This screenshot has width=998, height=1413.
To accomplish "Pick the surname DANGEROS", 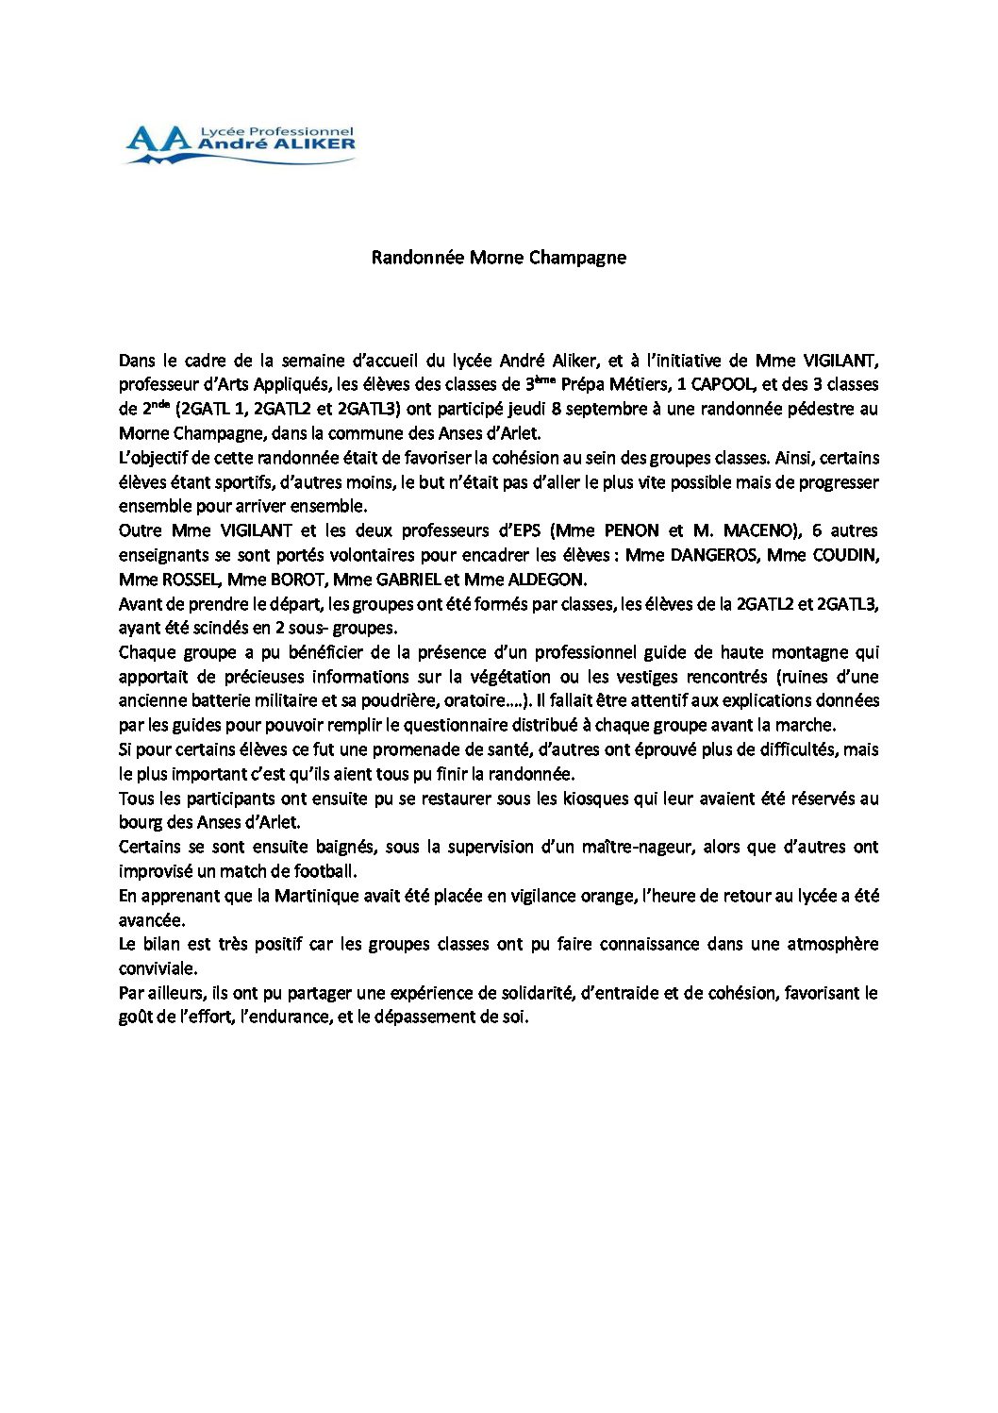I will pos(713,555).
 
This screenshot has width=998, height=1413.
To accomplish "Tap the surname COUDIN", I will pos(846,555).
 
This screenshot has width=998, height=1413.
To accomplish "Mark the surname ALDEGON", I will pos(546,580).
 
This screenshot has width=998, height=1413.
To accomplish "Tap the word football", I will pos(324,871).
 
